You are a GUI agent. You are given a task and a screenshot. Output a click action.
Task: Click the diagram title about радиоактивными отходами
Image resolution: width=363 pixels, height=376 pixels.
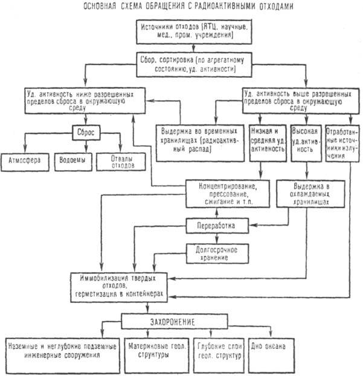click(181, 7)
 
